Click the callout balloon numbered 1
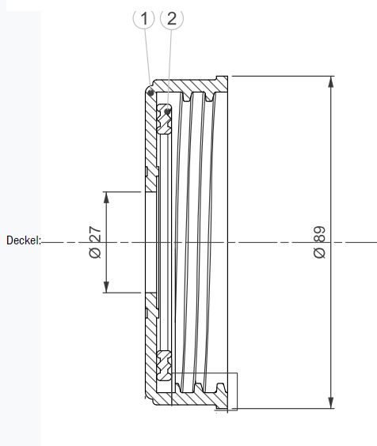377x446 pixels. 144,19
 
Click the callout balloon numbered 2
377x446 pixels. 172,19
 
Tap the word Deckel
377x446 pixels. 22,240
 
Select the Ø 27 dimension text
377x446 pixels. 95,242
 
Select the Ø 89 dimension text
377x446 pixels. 319,242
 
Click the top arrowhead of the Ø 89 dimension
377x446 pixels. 330,81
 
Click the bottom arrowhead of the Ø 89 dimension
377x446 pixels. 330,403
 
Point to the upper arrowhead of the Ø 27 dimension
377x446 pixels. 106,198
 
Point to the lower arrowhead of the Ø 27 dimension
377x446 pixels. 106,287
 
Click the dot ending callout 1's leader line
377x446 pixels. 150,93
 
